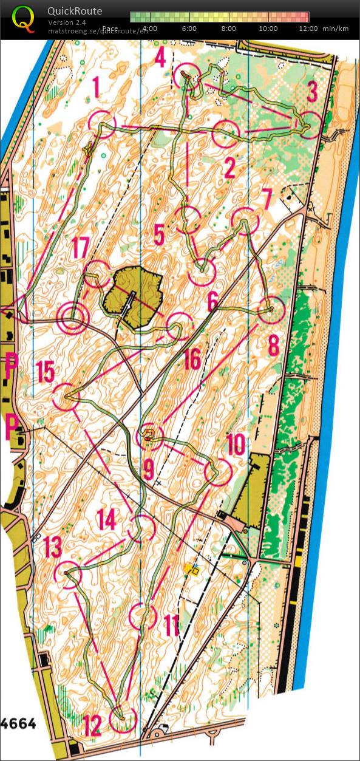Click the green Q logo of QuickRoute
23,18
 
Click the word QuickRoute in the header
75,11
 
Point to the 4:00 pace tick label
150,29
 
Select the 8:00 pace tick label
229,29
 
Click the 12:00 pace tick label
308,29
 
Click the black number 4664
18,723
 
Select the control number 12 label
92,725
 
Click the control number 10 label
236,445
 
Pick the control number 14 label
106,519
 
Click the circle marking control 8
271,310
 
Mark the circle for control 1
102,124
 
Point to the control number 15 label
45,372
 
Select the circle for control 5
190,219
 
